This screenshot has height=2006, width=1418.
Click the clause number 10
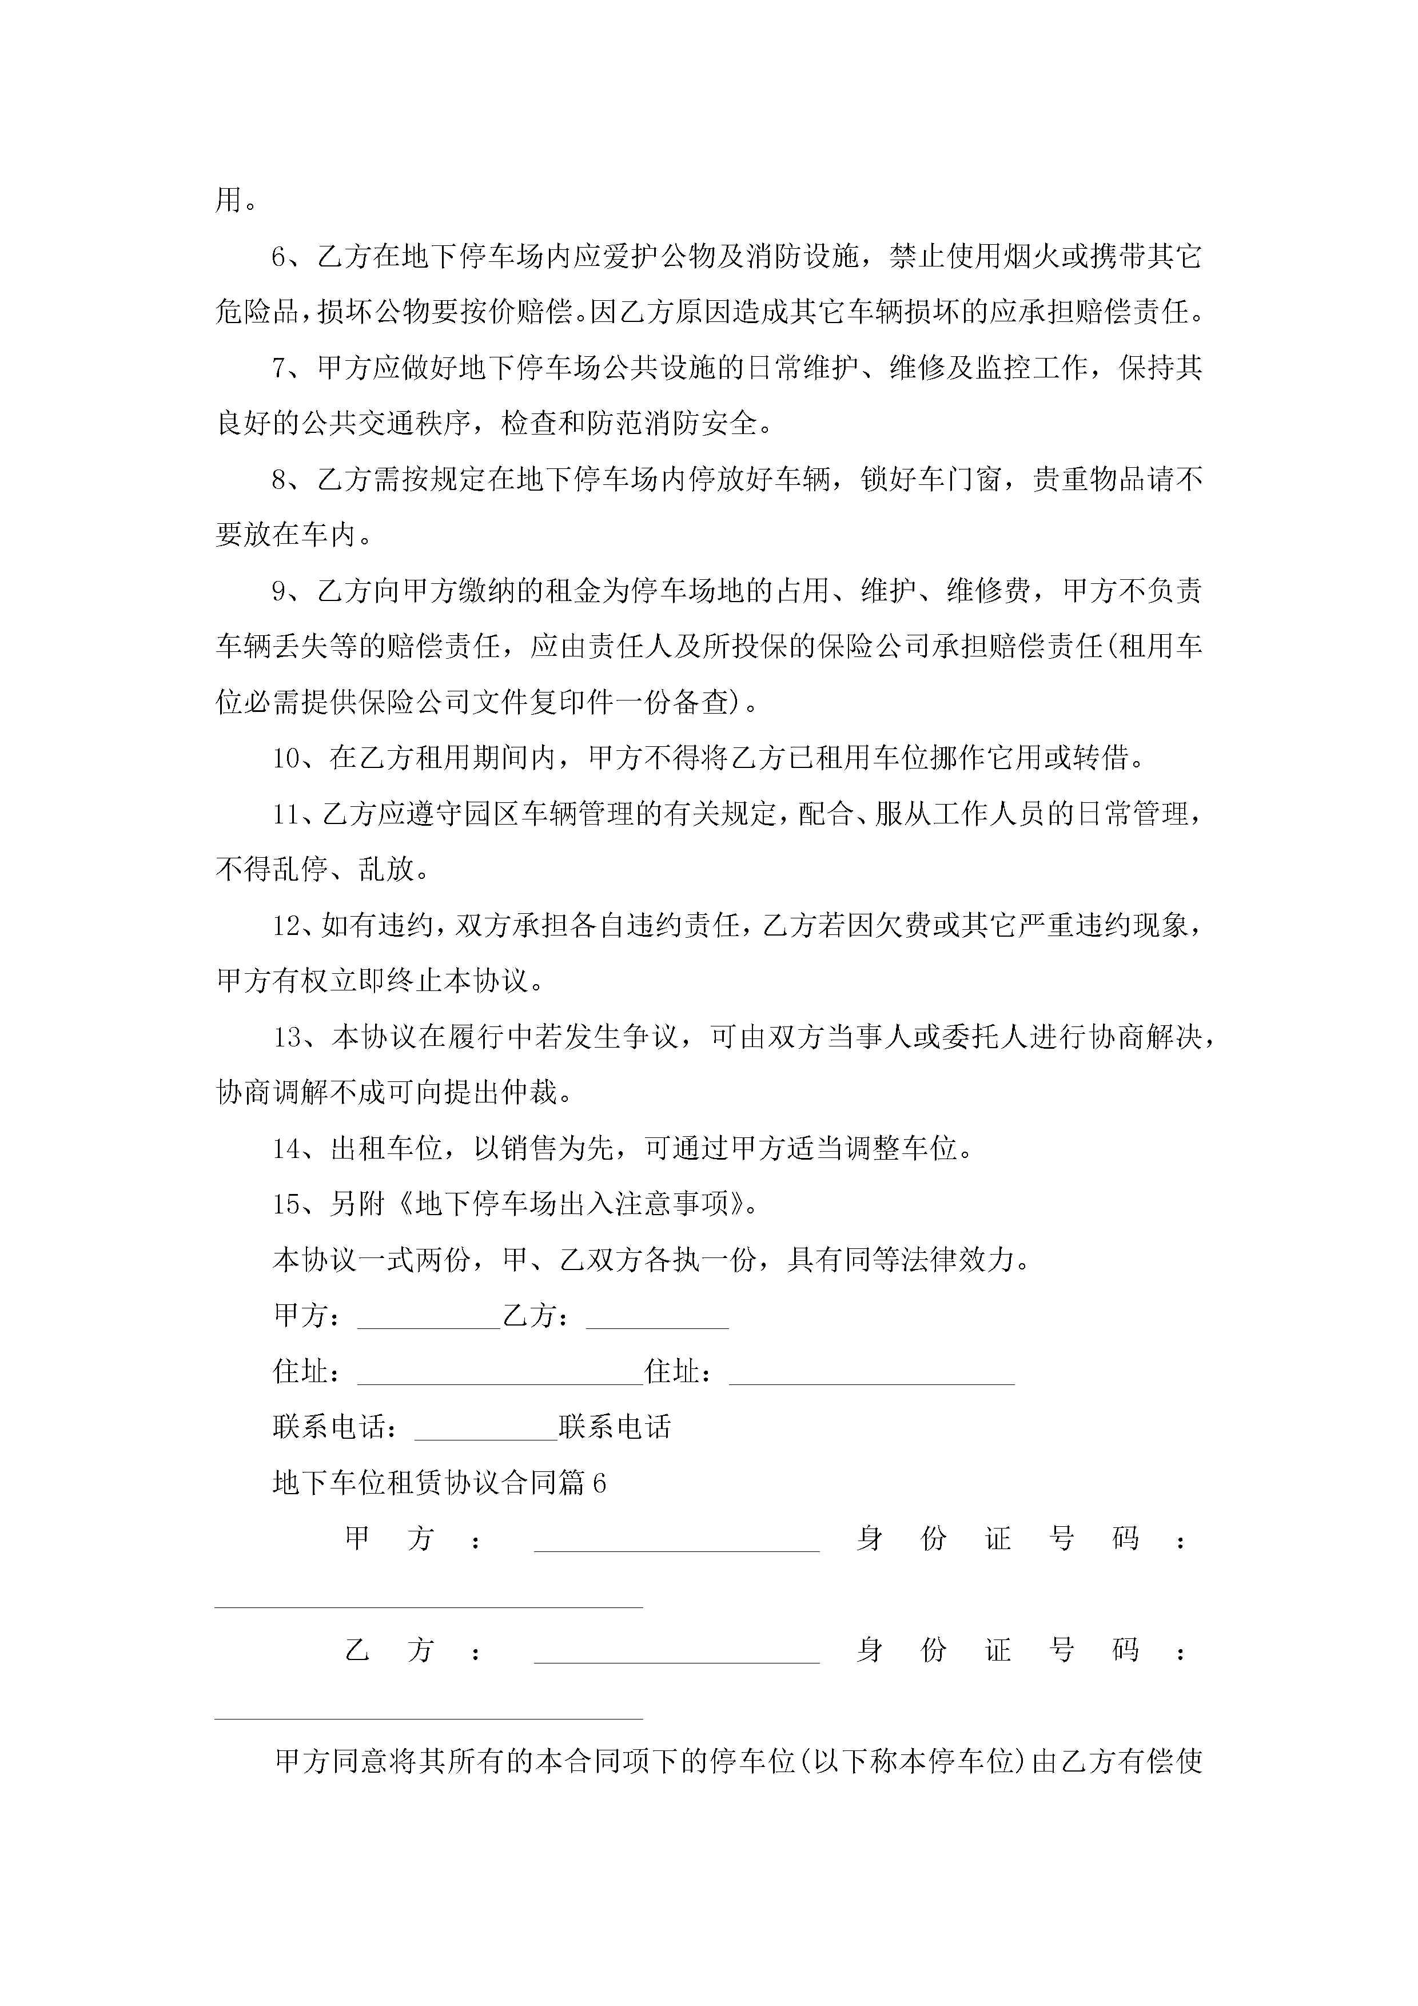click(286, 758)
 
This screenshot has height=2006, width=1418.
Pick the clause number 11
click(286, 814)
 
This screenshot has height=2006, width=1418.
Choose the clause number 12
click(286, 926)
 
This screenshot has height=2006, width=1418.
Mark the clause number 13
click(286, 1038)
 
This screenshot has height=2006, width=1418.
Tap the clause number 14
click(286, 1149)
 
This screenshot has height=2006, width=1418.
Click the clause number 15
click(286, 1205)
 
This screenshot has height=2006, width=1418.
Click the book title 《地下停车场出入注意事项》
click(572, 1205)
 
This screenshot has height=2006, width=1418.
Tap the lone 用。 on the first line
click(236, 201)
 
